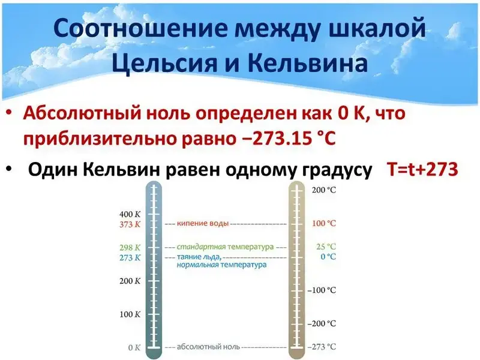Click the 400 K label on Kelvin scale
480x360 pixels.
coord(130,214)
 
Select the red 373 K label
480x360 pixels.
coord(130,224)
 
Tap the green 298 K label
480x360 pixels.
coord(130,247)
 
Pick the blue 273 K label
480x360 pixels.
coord(130,257)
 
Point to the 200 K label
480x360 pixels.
coord(130,281)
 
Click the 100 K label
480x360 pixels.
coord(130,314)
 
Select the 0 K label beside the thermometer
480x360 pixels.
coord(134,347)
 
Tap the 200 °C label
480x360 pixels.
coord(324,190)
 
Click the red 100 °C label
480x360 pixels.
coord(324,223)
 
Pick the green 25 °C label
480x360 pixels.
coord(326,247)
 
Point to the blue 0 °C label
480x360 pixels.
coord(328,257)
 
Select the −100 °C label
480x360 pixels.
coord(322,290)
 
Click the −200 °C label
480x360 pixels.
coord(322,323)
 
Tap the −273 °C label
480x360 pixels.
coord(322,347)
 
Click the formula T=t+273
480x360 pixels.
coord(422,169)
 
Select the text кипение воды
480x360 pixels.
coord(203,223)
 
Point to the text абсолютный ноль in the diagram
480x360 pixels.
coord(208,347)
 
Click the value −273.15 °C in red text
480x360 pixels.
coord(287,139)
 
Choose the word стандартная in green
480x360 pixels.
coord(201,247)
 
